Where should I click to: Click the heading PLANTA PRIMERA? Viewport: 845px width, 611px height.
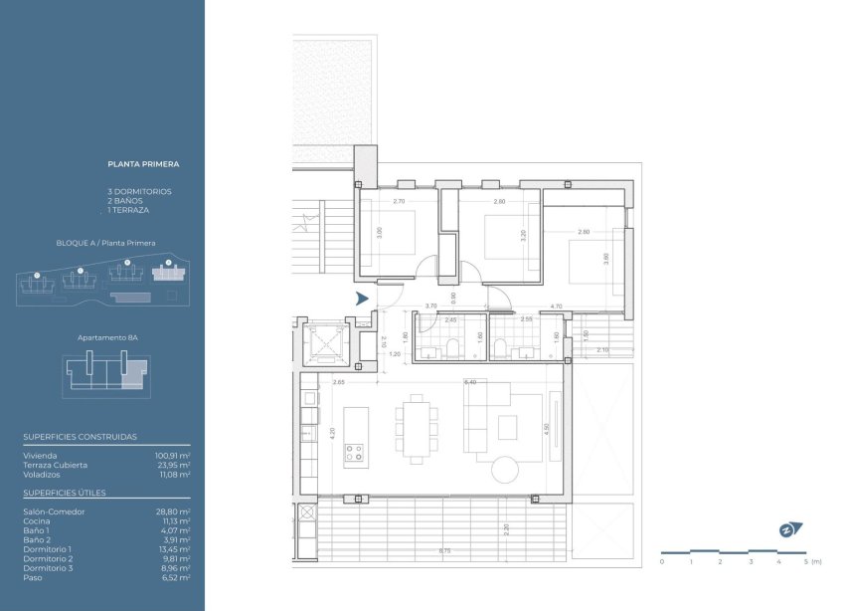tap(143, 163)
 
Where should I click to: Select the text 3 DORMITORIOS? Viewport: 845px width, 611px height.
tap(139, 191)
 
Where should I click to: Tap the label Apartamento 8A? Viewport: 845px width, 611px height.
tap(107, 338)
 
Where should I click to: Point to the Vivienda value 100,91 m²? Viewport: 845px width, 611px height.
tap(172, 455)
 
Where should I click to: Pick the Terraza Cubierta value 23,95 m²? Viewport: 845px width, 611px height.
tap(174, 465)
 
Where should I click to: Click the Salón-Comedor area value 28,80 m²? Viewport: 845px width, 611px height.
tap(174, 511)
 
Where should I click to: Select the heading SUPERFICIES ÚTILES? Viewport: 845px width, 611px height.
tap(64, 493)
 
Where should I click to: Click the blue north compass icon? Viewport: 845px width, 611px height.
tap(790, 529)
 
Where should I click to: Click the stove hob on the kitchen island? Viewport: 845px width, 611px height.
tap(355, 455)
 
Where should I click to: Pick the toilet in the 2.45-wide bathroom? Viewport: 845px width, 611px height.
tap(453, 347)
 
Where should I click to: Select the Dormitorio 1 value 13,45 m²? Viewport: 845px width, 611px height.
tap(174, 549)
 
